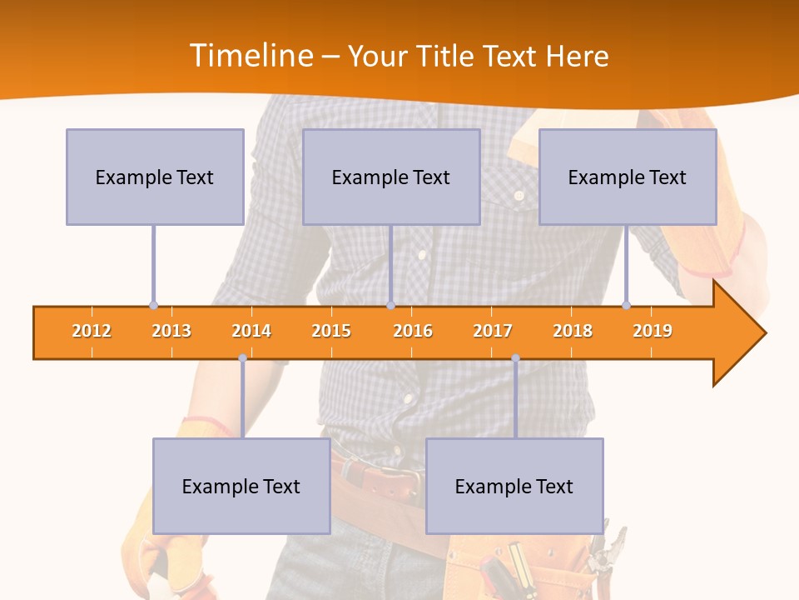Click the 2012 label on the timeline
(x=92, y=331)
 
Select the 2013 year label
(x=171, y=331)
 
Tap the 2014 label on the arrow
(x=251, y=331)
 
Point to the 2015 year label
(x=331, y=331)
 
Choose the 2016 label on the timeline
(x=413, y=331)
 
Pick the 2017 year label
(x=493, y=331)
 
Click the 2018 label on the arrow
(x=573, y=331)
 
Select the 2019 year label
(x=653, y=331)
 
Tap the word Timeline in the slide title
(x=249, y=56)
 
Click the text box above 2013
(x=155, y=177)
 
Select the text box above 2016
(x=391, y=177)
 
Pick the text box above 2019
(x=628, y=177)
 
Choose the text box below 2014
(x=241, y=486)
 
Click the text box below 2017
(x=514, y=486)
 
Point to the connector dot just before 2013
(x=153, y=305)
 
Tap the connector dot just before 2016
(x=390, y=305)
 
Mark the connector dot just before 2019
(x=626, y=305)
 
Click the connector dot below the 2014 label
(x=242, y=358)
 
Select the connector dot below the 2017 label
(x=515, y=358)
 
